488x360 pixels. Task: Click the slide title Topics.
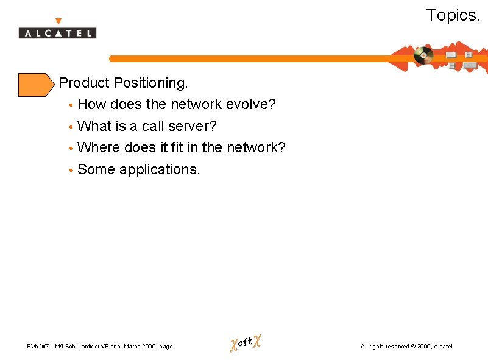[453, 15]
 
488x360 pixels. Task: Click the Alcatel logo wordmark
[57, 33]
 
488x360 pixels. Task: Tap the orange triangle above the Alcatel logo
[58, 21]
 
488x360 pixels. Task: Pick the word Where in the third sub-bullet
[99, 147]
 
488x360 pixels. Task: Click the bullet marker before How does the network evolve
[71, 105]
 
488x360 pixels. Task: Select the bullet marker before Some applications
[71, 171]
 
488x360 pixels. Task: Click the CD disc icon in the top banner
[423, 55]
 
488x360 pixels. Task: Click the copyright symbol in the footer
[413, 347]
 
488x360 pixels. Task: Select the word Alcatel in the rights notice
[443, 347]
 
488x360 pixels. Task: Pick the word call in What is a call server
[154, 126]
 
